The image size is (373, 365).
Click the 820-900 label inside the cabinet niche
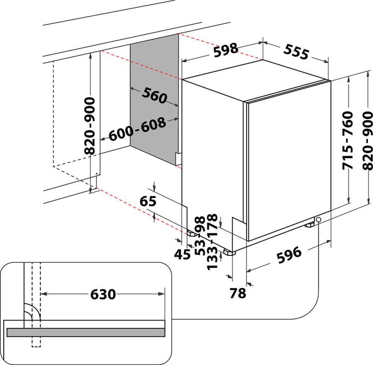[x=90, y=126]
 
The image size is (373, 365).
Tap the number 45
[x=182, y=254]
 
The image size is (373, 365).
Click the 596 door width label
[x=288, y=255]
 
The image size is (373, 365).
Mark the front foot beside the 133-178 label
[x=228, y=253]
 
